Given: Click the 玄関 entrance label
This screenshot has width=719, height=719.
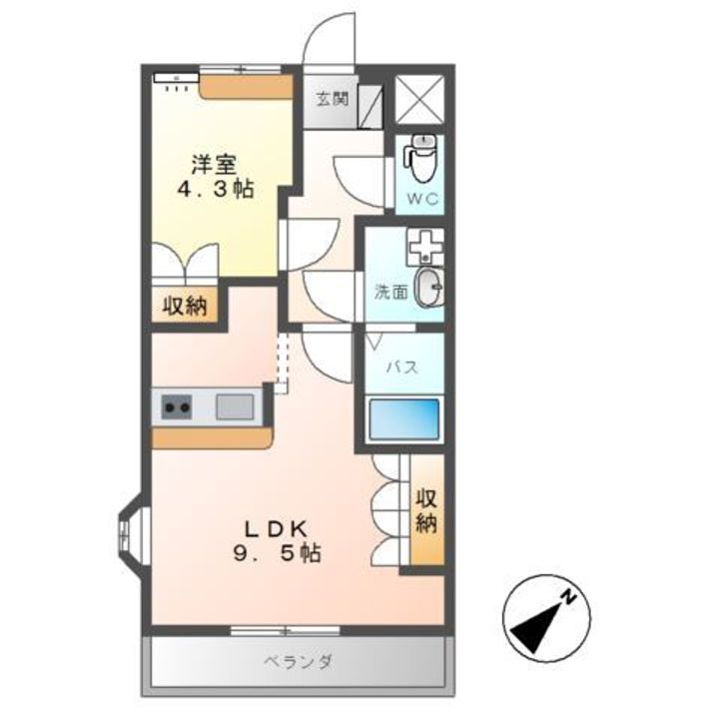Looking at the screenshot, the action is pyautogui.click(x=333, y=99).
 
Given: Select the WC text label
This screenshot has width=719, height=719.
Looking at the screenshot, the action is pyautogui.click(x=422, y=199).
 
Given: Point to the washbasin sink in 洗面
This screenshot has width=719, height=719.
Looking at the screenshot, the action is pyautogui.click(x=429, y=288).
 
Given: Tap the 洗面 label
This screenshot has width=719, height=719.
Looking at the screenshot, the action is pyautogui.click(x=391, y=292).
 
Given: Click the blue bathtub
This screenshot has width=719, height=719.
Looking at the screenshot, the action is pyautogui.click(x=403, y=419).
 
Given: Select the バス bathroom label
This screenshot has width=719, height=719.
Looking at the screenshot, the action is pyautogui.click(x=402, y=366).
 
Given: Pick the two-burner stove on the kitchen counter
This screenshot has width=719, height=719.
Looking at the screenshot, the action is pyautogui.click(x=177, y=406).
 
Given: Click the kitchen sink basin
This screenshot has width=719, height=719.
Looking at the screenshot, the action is pyautogui.click(x=235, y=406).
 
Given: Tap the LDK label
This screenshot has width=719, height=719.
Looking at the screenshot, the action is pyautogui.click(x=276, y=529).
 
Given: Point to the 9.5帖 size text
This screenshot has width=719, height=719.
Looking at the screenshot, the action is pyautogui.click(x=277, y=553).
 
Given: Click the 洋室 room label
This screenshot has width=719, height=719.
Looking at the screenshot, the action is pyautogui.click(x=214, y=165).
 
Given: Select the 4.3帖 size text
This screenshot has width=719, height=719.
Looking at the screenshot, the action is pyautogui.click(x=216, y=189).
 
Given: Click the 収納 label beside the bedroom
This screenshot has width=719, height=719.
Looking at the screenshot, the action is pyautogui.click(x=186, y=306).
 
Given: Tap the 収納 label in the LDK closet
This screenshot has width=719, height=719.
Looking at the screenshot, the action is pyautogui.click(x=426, y=511).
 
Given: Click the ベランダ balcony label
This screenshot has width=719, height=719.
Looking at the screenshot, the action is pyautogui.click(x=298, y=662).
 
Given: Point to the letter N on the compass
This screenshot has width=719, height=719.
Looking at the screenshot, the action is pyautogui.click(x=569, y=596).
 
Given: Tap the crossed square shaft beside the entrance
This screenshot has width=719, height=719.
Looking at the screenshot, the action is pyautogui.click(x=419, y=100).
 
